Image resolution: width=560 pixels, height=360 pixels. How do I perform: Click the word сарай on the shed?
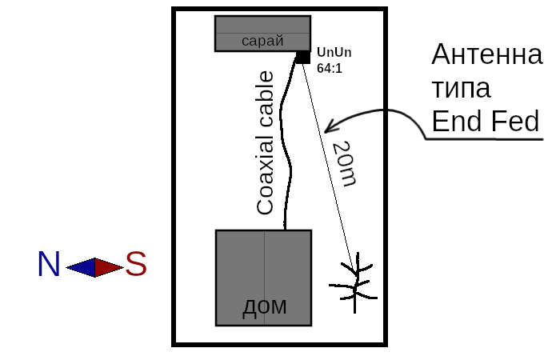[x=262, y=41]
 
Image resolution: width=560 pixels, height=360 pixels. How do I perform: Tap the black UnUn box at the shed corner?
[x=303, y=57]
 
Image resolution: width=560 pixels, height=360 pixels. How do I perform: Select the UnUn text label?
[x=334, y=53]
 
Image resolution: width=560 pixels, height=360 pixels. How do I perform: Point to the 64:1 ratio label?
[x=330, y=68]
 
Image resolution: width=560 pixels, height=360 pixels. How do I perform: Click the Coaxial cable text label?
[x=266, y=143]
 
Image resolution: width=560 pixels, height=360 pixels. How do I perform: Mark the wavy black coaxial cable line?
[x=286, y=143]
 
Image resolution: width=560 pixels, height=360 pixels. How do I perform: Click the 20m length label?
[x=344, y=163]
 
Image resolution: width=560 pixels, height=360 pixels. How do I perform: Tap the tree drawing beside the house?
[x=354, y=283]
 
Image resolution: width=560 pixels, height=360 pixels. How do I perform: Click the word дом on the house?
[x=264, y=306]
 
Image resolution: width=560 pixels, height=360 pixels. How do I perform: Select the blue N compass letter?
[x=49, y=264]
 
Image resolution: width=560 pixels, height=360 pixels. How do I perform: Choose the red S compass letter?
[x=136, y=264]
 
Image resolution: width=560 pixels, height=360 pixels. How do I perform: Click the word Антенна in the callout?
[x=487, y=54]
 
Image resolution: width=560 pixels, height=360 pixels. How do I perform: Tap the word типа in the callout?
[x=462, y=88]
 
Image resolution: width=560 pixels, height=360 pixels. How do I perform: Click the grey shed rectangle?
[x=263, y=34]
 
